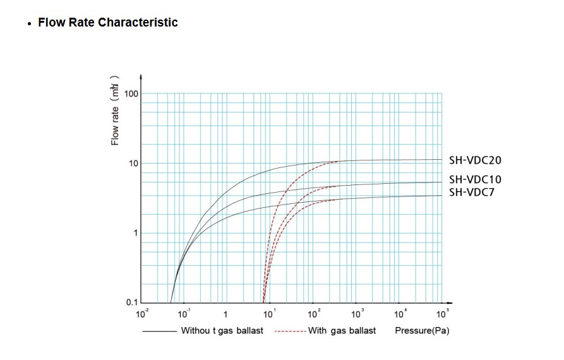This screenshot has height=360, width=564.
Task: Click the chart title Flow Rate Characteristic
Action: tap(108, 23)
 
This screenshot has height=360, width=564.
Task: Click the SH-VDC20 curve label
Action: tap(475, 160)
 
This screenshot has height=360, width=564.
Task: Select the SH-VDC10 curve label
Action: tap(475, 180)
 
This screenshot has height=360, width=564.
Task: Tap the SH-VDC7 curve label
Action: tap(472, 192)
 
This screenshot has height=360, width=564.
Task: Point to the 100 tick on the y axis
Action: tap(131, 93)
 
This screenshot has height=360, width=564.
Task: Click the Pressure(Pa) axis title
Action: tap(422, 331)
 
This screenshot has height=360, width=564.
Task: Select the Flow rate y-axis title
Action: tap(115, 111)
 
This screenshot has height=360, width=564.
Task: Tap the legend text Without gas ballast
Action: tap(222, 331)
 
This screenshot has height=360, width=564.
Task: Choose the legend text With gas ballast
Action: tap(342, 331)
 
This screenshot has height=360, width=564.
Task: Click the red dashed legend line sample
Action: tap(291, 331)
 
